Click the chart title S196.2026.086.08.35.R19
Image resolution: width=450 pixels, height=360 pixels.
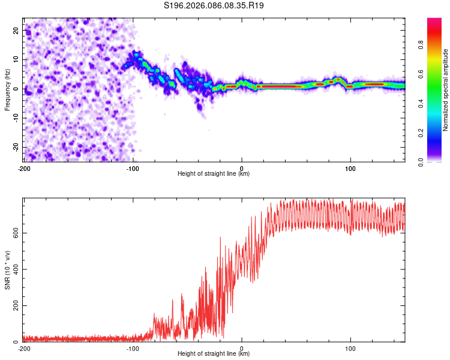(214, 6)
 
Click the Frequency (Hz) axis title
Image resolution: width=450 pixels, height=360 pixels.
(7, 89)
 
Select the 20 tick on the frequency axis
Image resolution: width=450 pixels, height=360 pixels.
(17, 30)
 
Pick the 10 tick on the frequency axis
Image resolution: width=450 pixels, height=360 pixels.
(17, 59)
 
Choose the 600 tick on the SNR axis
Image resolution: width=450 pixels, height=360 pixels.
(14, 233)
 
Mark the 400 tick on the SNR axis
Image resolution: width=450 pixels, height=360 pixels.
(14, 269)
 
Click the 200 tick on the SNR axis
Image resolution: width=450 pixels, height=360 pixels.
(14, 306)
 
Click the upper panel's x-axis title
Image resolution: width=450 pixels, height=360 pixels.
(214, 174)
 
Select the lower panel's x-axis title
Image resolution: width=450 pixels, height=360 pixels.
(214, 354)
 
